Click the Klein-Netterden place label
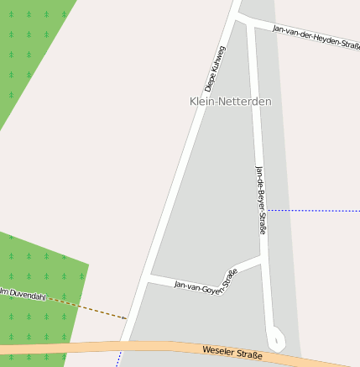click(231, 101)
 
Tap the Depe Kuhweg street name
click(216, 68)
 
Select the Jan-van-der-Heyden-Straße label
click(316, 36)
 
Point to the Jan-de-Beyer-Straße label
click(261, 200)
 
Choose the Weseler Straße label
click(232, 354)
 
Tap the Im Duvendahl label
click(22, 294)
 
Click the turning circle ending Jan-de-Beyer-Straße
click(276, 339)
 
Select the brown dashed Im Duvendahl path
click(92, 308)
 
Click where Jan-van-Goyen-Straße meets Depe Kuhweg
click(147, 276)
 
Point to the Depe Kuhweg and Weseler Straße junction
click(123, 343)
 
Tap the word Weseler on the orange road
click(217, 350)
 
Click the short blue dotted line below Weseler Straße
click(118, 359)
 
